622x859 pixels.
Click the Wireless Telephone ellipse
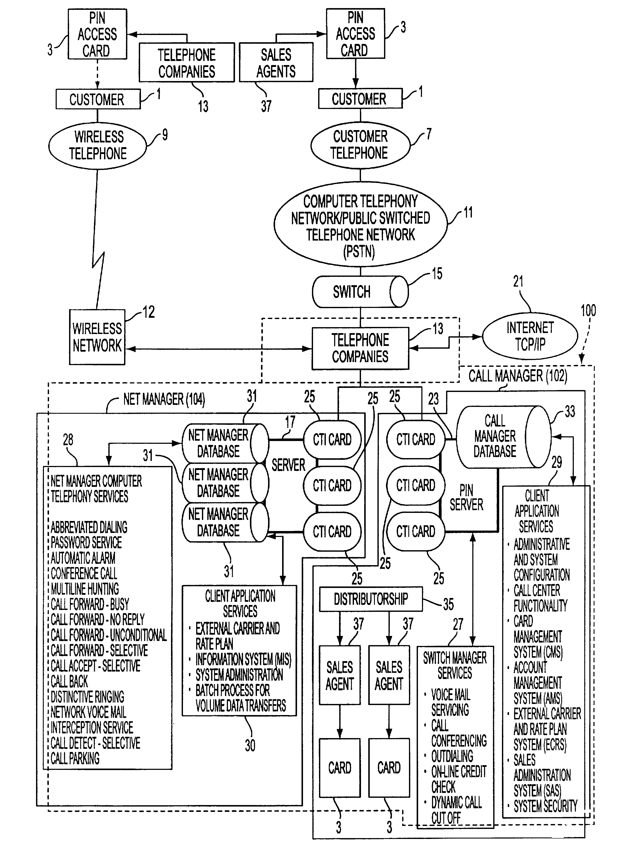coord(98,145)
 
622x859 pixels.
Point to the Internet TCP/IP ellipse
coord(530,336)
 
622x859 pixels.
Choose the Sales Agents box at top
coord(276,62)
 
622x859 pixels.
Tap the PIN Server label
coord(466,498)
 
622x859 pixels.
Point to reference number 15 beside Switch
coord(437,273)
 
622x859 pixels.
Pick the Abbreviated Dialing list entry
coord(89,527)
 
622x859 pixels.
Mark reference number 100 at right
coord(588,311)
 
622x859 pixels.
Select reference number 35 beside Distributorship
coord(448,605)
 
